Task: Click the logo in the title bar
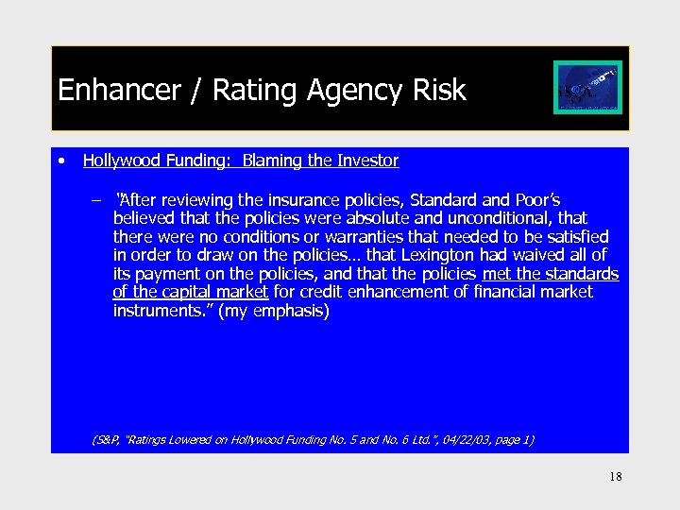tap(586, 88)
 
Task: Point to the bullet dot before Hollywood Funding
tap(60, 161)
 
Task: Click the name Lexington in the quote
tap(440, 255)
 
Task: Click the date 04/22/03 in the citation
tap(459, 439)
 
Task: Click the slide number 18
tap(616, 477)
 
